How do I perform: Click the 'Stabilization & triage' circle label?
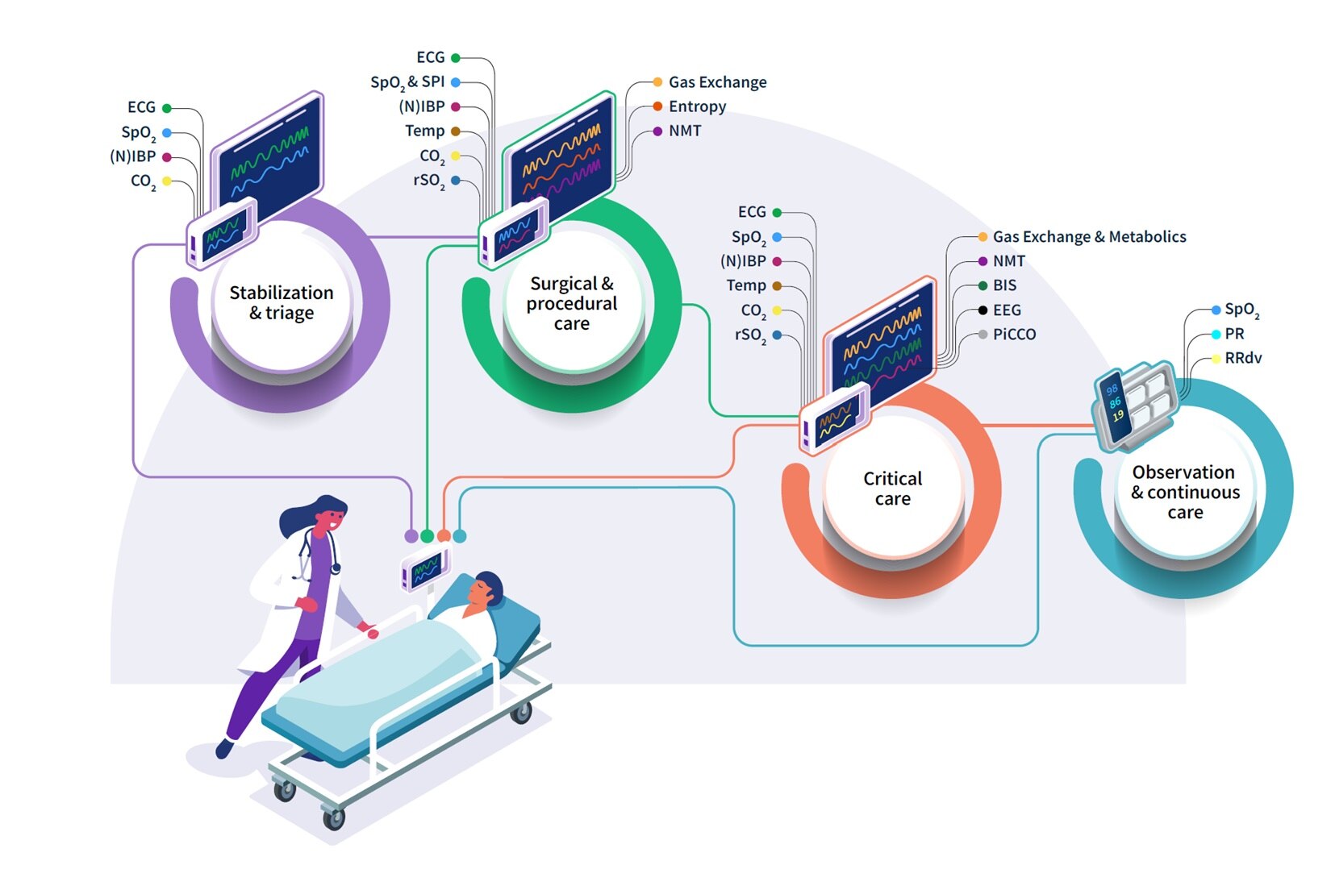[282, 302]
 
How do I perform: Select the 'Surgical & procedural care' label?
[572, 304]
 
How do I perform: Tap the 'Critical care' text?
[892, 489]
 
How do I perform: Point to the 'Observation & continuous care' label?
[1184, 492]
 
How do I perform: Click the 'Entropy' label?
[697, 106]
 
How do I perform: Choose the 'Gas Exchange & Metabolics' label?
[1089, 237]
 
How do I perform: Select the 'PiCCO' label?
[1014, 335]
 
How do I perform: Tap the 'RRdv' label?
[1242, 358]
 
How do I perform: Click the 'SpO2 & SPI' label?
[407, 82]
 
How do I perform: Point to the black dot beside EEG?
[983, 310]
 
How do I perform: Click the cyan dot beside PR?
[1216, 335]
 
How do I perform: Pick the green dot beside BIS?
[983, 285]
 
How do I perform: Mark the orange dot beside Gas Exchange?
[657, 82]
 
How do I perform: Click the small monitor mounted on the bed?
[425, 570]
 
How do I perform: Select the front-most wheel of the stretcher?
[333, 819]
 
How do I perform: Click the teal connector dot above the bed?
[459, 535]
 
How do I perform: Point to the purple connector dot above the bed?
[411, 535]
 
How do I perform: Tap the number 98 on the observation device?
[1112, 390]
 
